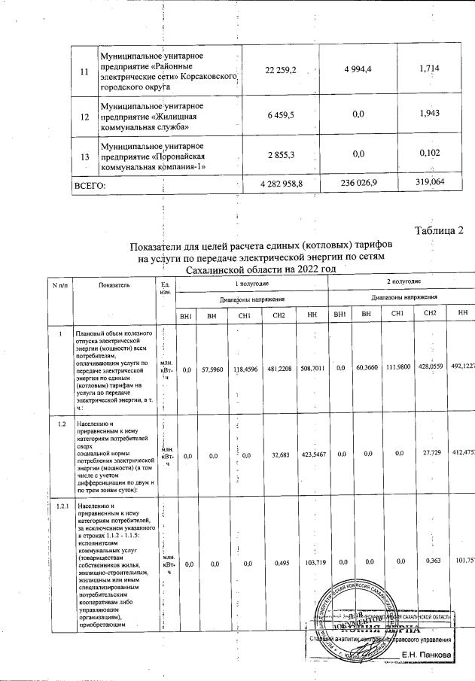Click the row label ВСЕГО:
coord(88,185)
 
